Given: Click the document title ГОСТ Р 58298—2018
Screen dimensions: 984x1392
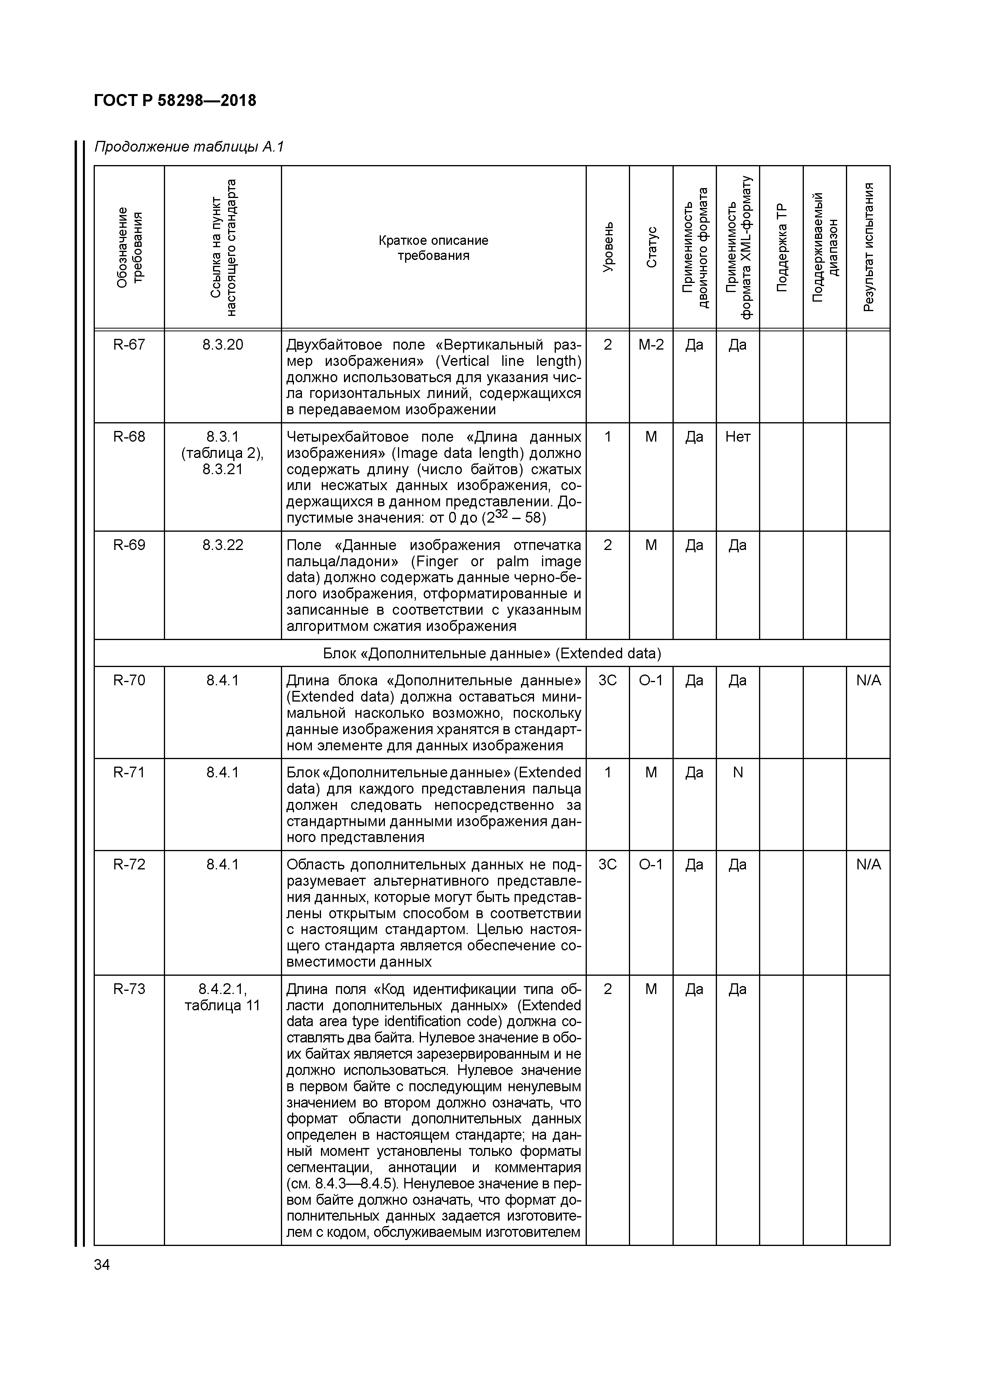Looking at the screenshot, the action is point(175,101).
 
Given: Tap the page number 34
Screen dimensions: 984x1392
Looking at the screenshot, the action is point(102,1265).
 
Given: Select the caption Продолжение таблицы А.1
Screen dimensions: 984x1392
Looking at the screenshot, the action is point(188,147).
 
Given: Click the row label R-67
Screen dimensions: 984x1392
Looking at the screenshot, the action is point(129,345).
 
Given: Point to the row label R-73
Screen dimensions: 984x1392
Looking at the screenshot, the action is point(129,989).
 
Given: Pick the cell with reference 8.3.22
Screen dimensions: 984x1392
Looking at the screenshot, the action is point(223,545).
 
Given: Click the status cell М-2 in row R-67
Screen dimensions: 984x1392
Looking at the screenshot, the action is point(651,345).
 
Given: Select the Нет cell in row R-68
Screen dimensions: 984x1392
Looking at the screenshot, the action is point(738,437).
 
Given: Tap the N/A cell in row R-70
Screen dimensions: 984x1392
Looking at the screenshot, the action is point(868,681).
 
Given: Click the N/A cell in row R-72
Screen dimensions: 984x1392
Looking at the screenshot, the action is point(868,865).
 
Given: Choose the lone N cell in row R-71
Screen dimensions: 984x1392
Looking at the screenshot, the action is point(738,773).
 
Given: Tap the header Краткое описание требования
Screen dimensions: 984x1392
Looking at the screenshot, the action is point(434,248).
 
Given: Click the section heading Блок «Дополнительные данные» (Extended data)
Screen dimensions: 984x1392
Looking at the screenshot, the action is point(492,654).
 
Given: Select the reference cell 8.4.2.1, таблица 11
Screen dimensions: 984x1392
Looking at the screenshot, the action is point(223,997).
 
